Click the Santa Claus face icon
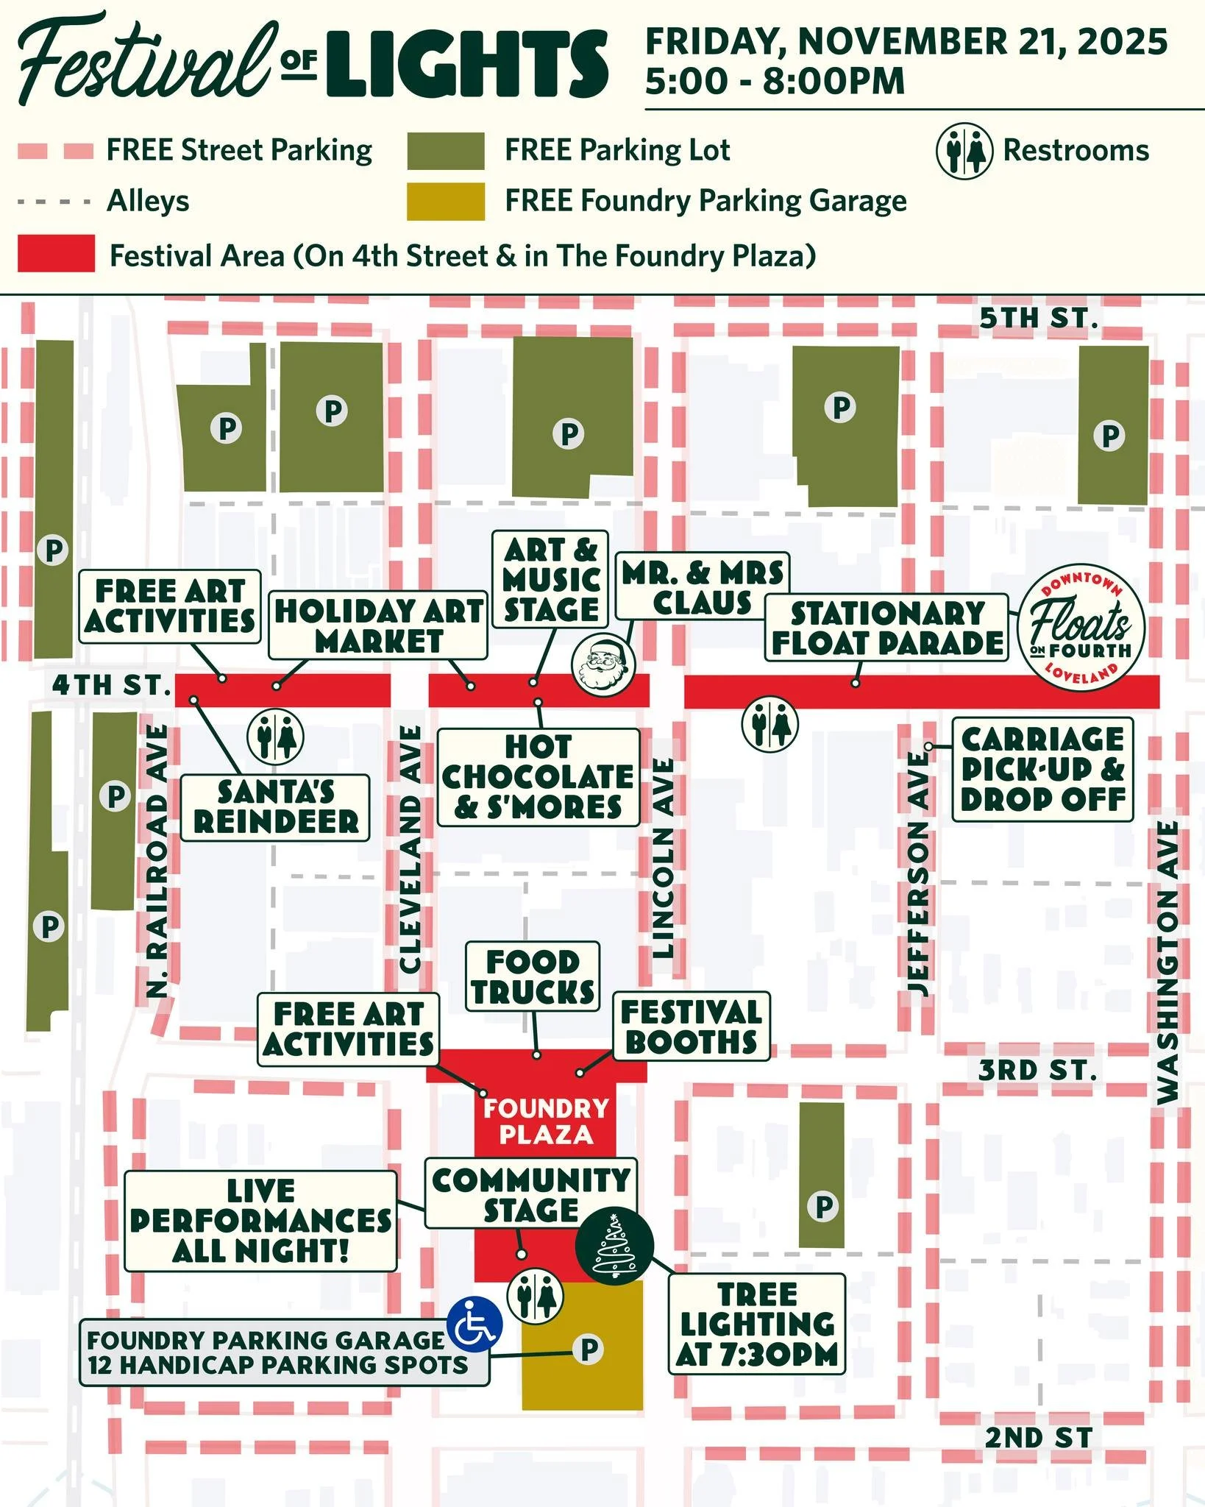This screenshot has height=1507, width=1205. coord(602,663)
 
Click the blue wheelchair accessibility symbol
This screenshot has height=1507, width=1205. coord(475,1324)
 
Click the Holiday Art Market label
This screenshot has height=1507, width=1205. coord(378,625)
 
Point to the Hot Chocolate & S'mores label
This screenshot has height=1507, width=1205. coord(538,777)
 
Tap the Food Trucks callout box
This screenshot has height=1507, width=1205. coord(533,976)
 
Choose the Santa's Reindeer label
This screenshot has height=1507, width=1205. coord(275,807)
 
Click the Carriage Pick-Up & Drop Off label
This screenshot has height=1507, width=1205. coord(1042,769)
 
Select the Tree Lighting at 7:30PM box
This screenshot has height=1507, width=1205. coord(757,1325)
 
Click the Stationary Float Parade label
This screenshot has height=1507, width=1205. coord(886,628)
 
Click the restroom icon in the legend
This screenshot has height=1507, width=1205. coord(964,150)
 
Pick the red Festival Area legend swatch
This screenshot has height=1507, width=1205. coord(56,254)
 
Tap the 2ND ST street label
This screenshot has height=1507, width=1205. coord(1039,1437)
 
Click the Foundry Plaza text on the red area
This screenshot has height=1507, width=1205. coord(546,1121)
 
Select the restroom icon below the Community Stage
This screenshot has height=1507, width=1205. coord(536,1296)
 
